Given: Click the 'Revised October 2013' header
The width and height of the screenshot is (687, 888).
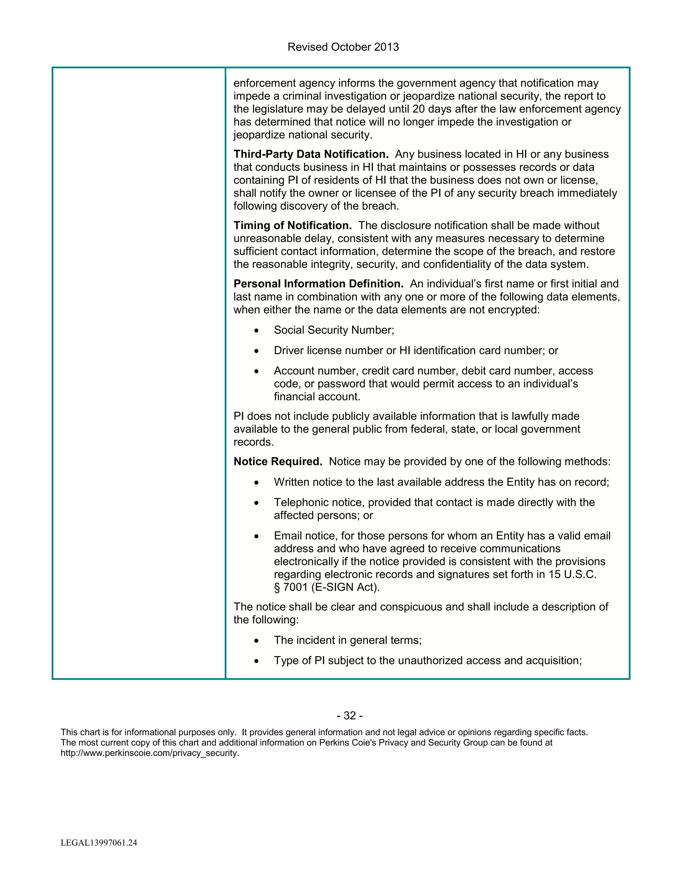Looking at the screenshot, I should (x=343, y=47).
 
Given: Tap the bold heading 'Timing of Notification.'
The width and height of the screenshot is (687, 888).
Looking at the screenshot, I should (x=293, y=225).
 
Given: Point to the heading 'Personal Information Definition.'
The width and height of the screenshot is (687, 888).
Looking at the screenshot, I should (x=318, y=283).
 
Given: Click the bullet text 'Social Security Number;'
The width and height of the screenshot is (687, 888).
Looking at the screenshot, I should (x=334, y=330).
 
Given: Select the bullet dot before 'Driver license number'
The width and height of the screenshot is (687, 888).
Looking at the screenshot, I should (x=256, y=351).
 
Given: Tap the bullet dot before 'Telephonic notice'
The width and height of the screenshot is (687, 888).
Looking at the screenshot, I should (x=256, y=503).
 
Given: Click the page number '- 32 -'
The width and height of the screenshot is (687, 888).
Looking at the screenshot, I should (x=350, y=716).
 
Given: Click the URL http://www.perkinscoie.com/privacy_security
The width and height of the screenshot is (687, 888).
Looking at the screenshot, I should (x=150, y=753).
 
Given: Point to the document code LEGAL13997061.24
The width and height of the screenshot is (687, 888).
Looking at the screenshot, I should (x=99, y=843).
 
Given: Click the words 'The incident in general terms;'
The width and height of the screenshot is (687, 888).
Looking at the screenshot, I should (x=348, y=640).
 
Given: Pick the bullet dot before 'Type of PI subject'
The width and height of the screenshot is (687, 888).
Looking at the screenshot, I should (x=256, y=661).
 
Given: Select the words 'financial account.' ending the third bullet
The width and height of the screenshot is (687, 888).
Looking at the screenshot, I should (x=317, y=396).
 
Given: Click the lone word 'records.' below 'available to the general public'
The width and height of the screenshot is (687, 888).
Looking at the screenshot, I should (x=254, y=442).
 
